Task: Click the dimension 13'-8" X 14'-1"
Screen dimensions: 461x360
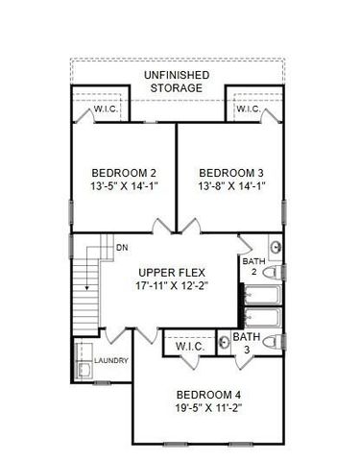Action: point(231,186)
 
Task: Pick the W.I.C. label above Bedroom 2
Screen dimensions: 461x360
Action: point(106,109)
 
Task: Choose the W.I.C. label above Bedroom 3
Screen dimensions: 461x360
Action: point(248,109)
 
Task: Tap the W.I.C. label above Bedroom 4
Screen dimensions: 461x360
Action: point(190,345)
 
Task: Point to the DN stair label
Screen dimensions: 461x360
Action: point(122,248)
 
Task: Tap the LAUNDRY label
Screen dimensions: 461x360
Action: point(113,360)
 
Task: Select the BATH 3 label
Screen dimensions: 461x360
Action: point(247,344)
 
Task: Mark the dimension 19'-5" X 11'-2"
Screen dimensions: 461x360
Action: point(212,408)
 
